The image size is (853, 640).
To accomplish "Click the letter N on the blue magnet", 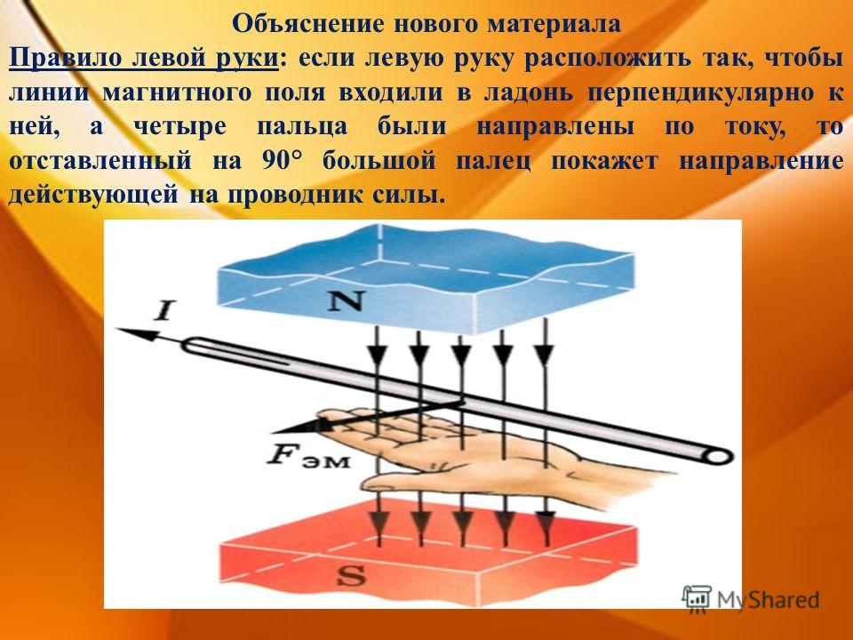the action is [345, 300].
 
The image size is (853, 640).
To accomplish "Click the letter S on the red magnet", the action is [350, 575].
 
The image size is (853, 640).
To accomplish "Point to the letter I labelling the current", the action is [163, 311].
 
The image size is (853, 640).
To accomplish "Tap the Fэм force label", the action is [308, 456].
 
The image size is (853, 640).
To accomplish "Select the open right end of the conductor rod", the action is [719, 455].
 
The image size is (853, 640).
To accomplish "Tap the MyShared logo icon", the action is [697, 598].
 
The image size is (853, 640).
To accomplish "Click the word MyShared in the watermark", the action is [768, 600].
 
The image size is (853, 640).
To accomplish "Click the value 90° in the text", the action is [282, 161].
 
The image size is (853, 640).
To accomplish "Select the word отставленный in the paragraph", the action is [100, 161].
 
